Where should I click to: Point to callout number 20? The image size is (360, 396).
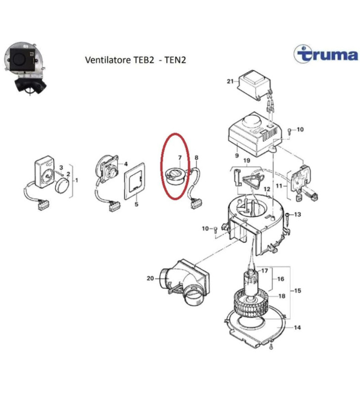(x=150, y=279)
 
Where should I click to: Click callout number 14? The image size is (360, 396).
(x=297, y=327)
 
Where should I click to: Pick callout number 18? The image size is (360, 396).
(x=282, y=297)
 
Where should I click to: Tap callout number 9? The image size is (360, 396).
(x=237, y=156)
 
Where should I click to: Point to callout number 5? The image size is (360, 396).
(x=137, y=204)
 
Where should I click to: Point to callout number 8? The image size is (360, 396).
(x=196, y=157)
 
